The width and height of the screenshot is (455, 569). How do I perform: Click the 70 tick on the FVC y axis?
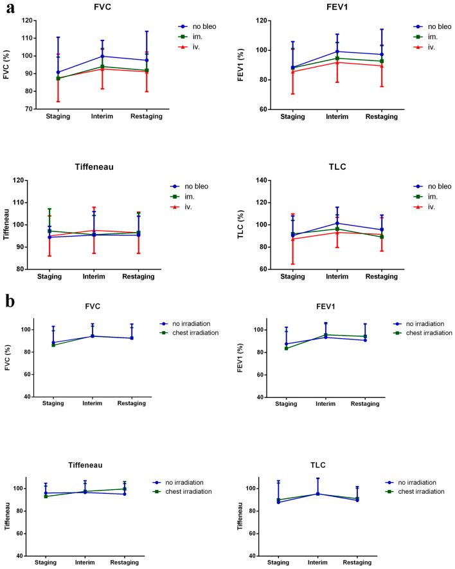(30, 109)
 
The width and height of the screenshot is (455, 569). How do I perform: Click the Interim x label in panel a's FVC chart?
(102, 118)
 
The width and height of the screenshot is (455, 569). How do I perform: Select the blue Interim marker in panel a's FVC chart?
(102, 56)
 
